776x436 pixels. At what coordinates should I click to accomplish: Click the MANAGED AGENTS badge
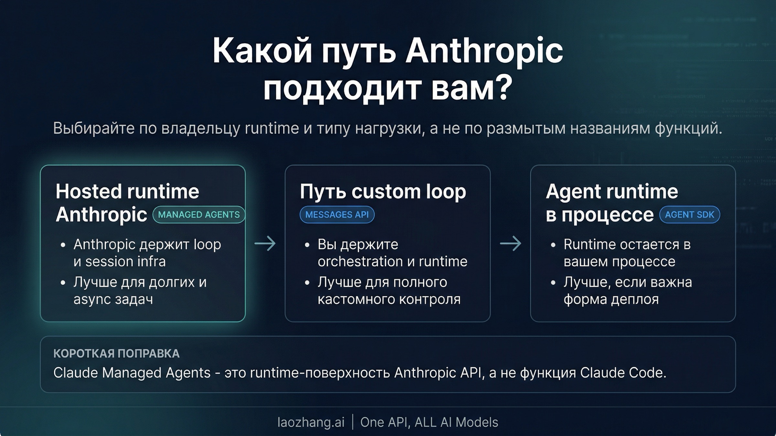pyautogui.click(x=199, y=215)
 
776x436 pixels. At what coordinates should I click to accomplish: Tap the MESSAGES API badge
pyautogui.click(x=337, y=215)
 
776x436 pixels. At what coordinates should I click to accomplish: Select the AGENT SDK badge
pyautogui.click(x=689, y=215)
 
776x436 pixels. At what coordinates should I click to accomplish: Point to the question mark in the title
pyautogui.click(x=503, y=87)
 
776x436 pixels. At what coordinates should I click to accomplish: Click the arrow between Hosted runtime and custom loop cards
pyautogui.click(x=265, y=243)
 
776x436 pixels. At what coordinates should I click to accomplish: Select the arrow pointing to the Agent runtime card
pyautogui.click(x=511, y=243)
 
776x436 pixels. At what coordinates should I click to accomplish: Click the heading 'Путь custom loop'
pyautogui.click(x=383, y=192)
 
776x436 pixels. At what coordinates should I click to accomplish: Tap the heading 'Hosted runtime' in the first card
pyautogui.click(x=127, y=192)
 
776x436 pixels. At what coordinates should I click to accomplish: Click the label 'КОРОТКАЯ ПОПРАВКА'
pyautogui.click(x=116, y=353)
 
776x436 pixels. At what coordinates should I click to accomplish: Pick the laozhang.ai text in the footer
pyautogui.click(x=311, y=422)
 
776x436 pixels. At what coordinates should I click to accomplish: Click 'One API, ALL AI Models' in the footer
pyautogui.click(x=429, y=422)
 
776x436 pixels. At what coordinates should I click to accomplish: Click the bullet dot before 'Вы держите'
pyautogui.click(x=307, y=245)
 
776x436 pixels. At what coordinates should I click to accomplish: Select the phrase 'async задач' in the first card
pyautogui.click(x=113, y=299)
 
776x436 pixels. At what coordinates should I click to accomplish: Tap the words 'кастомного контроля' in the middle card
pyautogui.click(x=389, y=299)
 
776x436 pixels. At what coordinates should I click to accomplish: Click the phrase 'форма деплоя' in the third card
pyautogui.click(x=611, y=299)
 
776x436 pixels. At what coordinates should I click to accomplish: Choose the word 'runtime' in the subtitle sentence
pyautogui.click(x=272, y=129)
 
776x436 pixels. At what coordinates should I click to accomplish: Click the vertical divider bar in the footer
pyautogui.click(x=352, y=422)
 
